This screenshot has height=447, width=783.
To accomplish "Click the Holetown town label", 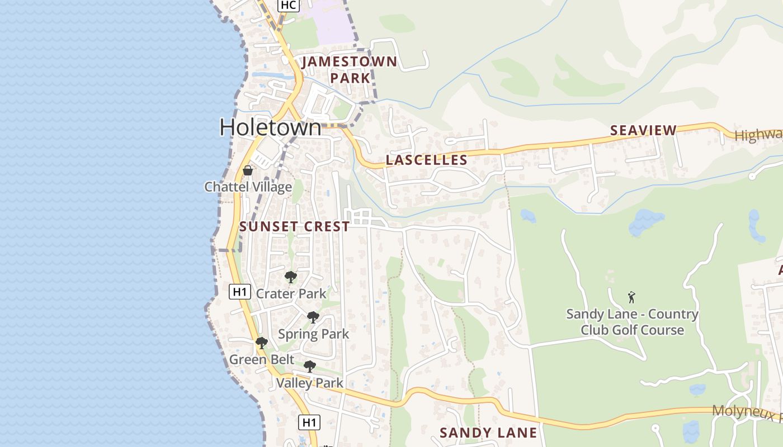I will (271, 127).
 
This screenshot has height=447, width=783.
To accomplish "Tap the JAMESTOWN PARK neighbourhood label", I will (350, 70).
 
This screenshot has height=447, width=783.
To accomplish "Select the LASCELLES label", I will (427, 160).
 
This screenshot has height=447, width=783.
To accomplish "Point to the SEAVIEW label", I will (643, 131).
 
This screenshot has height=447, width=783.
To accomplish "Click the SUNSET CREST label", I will (295, 226).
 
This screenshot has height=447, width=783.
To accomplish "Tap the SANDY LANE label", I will (488, 432).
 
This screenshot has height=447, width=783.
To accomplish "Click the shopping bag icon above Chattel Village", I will (248, 170).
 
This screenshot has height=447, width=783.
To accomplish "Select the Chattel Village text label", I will (248, 187).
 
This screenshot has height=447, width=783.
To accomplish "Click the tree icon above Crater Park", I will (290, 277).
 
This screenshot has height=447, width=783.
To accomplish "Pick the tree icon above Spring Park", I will (313, 317).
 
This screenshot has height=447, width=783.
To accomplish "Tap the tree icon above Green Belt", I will (261, 343).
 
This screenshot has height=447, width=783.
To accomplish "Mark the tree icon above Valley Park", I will (309, 367).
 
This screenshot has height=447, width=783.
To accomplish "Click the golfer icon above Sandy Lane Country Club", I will (632, 297).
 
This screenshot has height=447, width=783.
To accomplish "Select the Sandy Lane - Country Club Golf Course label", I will (632, 322).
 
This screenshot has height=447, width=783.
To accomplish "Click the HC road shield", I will (288, 5).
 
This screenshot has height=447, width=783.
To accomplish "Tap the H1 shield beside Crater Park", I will (239, 291).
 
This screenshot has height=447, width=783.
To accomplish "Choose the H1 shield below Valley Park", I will (309, 422).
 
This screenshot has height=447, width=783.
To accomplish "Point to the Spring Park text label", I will (313, 334).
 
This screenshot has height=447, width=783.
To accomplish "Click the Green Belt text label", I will (261, 359).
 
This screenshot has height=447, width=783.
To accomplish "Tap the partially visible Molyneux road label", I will (747, 413).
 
